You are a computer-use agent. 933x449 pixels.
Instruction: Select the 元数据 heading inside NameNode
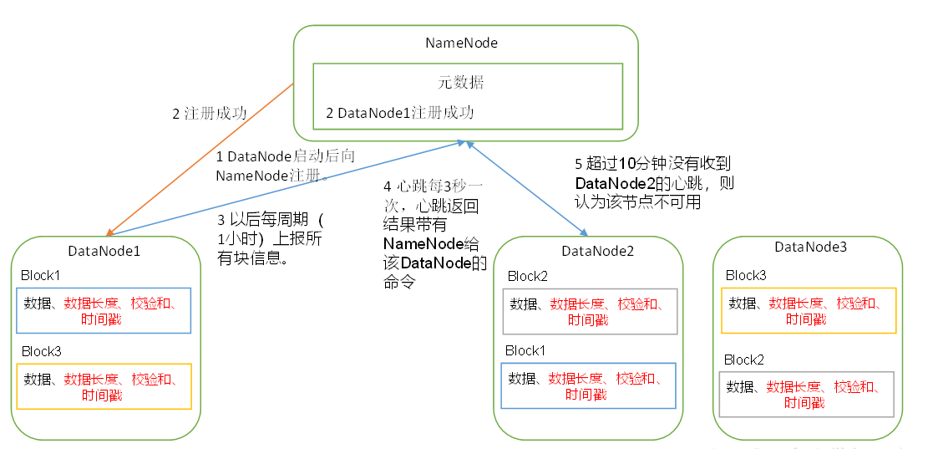tap(461, 83)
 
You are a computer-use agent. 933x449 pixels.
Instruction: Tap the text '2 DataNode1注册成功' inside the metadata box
tap(399, 112)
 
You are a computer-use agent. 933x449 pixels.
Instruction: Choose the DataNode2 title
tap(598, 250)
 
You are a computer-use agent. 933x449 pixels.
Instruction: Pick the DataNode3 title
tap(810, 247)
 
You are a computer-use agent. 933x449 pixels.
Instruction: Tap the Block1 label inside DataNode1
tap(42, 276)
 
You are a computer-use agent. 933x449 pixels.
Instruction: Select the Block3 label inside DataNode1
tap(42, 351)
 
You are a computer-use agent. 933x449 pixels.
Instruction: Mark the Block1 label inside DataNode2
tap(526, 350)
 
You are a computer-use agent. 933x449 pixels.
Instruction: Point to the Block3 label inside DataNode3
tap(746, 275)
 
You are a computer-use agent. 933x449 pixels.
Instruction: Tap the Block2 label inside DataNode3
tap(745, 360)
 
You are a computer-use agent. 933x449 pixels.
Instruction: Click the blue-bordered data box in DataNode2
tap(587, 385)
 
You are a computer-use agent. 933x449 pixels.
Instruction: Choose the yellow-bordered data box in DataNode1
tap(104, 386)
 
